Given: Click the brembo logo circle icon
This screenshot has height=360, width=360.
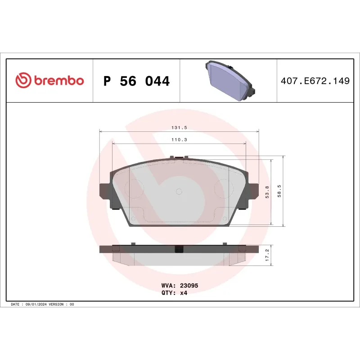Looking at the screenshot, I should tap(22, 81).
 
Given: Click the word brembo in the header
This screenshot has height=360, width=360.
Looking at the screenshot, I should tap(58, 81).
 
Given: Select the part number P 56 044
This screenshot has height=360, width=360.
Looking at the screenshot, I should tap(136, 81).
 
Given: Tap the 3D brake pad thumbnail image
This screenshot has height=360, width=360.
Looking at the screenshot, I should tap(229, 80).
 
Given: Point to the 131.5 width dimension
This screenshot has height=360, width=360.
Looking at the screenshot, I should tap(179, 128).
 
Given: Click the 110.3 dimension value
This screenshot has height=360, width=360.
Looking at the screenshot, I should tap(179, 139).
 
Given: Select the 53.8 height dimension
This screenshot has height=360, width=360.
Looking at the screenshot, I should tap(268, 192).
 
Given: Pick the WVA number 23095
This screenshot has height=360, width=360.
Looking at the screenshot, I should tap(189, 285).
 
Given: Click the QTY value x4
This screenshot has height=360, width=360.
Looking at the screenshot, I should tap(183, 292).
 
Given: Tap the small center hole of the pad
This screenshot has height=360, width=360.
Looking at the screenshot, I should tap(179, 192).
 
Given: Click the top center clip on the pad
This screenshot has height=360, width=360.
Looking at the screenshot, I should tap(179, 157).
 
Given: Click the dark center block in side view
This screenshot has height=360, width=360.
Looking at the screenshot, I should tap(179, 248).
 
